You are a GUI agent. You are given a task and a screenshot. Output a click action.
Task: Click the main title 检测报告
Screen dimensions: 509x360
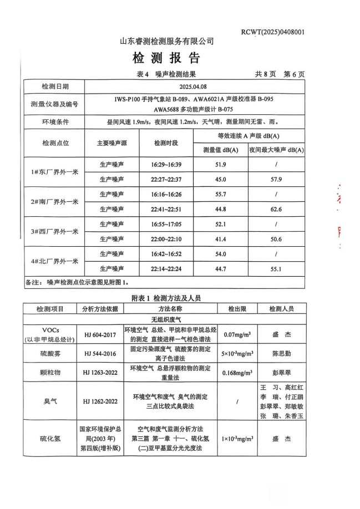(x=166, y=58)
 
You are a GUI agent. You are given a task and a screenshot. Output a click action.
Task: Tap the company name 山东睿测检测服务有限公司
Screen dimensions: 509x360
(x=167, y=41)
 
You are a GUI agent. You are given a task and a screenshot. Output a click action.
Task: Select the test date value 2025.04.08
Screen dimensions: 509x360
(x=194, y=87)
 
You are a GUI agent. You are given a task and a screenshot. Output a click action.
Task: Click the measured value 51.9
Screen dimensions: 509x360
(x=220, y=165)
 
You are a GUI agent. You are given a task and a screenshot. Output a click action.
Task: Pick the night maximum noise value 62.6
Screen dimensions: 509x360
(x=276, y=209)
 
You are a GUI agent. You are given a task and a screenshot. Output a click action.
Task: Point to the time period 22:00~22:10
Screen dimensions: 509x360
(x=166, y=238)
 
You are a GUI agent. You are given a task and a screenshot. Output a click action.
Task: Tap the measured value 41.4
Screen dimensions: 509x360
(x=220, y=238)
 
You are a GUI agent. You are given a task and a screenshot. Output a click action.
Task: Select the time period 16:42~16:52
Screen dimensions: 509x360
(x=166, y=253)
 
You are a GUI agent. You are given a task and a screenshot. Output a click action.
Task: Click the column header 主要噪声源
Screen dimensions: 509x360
(x=111, y=142)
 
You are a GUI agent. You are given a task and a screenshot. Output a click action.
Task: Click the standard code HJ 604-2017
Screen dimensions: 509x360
(x=100, y=335)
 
